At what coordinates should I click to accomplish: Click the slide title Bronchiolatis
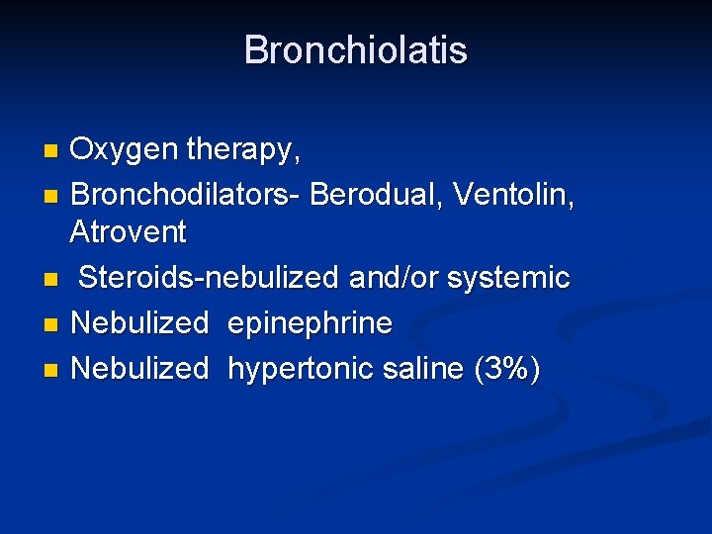[355, 50]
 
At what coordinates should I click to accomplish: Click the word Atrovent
[128, 232]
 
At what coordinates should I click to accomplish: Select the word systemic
[508, 278]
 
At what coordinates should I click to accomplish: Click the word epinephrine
[310, 323]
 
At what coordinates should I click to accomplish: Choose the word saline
[432, 369]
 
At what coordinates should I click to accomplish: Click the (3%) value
[506, 369]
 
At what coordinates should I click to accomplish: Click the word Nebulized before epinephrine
[139, 323]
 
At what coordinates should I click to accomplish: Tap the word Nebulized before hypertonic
[139, 369]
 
